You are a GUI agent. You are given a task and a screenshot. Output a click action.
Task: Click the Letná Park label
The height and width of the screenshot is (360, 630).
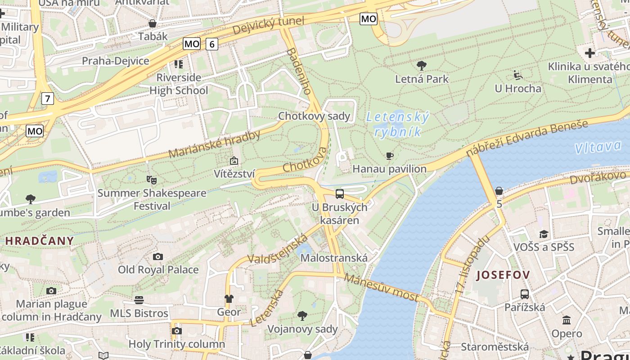pos(422,79)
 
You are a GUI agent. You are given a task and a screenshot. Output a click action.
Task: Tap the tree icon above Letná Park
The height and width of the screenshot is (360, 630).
pos(422,66)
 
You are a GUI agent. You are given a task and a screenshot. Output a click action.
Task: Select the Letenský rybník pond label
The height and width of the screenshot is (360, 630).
pos(398,125)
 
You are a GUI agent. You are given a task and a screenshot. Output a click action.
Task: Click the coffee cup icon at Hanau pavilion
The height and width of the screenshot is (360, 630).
pos(390,156)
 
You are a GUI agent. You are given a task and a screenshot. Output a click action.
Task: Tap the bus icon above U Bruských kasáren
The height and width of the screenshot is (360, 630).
pos(340,194)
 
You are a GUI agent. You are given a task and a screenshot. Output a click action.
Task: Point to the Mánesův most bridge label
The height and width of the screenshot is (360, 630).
pos(382,288)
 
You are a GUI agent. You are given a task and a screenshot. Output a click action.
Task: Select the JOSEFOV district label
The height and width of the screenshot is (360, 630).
pos(503,275)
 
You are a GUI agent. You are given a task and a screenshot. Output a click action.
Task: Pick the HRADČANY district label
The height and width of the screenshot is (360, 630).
pos(40,241)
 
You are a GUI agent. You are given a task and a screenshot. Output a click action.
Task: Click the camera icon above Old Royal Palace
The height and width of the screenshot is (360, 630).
pos(158,256)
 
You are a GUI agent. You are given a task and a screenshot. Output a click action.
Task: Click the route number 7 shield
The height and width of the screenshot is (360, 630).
pos(47,98)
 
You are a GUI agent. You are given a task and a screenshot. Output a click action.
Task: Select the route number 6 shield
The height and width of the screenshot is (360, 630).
pos(212,44)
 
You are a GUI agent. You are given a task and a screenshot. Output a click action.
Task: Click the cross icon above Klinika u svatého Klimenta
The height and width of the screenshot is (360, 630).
pos(589,53)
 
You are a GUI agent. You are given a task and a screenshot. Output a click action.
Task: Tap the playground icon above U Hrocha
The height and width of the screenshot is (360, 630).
pos(518,75)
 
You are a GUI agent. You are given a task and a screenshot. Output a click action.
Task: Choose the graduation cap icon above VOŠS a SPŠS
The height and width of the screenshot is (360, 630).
pos(544,234)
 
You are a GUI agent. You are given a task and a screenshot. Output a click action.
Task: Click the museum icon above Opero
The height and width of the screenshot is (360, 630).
pos(567,320)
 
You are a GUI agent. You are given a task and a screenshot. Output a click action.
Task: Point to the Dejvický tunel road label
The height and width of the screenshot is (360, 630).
pos(269,26)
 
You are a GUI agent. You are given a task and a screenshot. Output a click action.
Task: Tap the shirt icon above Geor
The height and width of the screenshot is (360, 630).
pos(229,299)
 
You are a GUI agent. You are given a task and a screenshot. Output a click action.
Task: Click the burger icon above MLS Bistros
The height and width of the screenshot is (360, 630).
pos(139,300)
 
